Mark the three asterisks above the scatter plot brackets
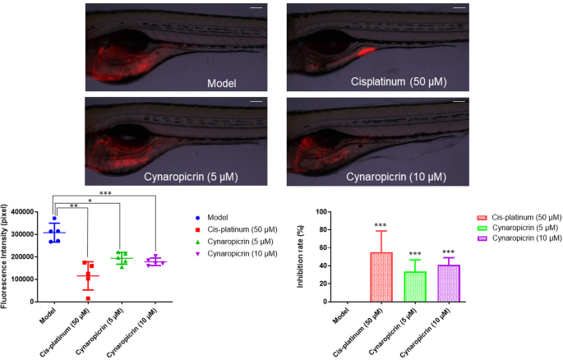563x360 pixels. pos(104,193)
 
